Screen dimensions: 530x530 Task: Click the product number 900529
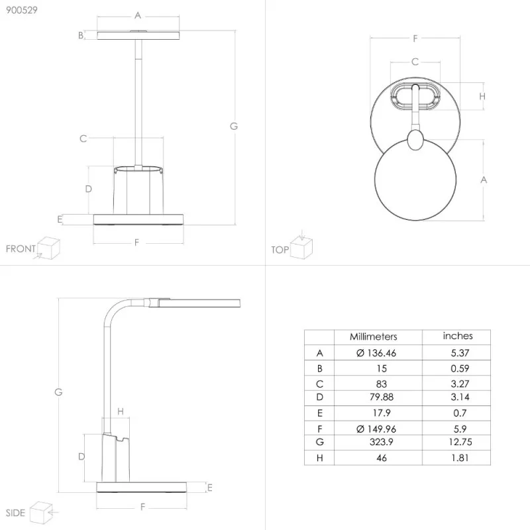22,10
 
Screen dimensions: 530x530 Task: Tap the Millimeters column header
373,337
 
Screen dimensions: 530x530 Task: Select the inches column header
458,336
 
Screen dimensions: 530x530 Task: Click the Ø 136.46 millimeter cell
376,353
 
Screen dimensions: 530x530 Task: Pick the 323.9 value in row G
382,442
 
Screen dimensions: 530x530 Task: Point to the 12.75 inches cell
460,442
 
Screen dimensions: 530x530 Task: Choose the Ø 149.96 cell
376,429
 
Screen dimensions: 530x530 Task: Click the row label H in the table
319,458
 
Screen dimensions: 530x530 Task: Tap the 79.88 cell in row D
382,397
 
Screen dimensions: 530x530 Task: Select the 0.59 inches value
460,368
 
